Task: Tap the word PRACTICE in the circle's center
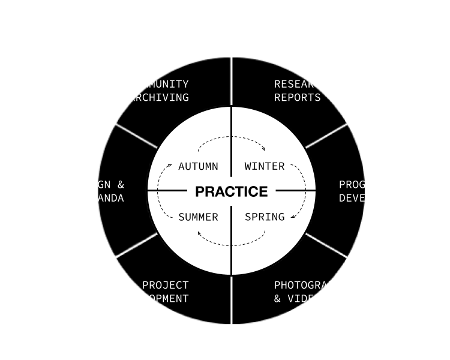click(231, 191)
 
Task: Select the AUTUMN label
click(198, 166)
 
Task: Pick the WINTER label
click(265, 166)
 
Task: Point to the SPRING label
click(265, 217)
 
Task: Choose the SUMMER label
click(198, 217)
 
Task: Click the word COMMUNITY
click(158, 84)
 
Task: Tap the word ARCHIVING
click(158, 97)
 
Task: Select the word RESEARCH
click(301, 84)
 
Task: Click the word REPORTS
click(297, 97)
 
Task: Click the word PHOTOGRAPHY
click(311, 285)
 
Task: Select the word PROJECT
click(165, 285)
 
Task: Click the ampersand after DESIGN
click(121, 184)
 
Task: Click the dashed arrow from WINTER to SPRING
click(305, 191)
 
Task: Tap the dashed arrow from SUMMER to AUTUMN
click(158, 191)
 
